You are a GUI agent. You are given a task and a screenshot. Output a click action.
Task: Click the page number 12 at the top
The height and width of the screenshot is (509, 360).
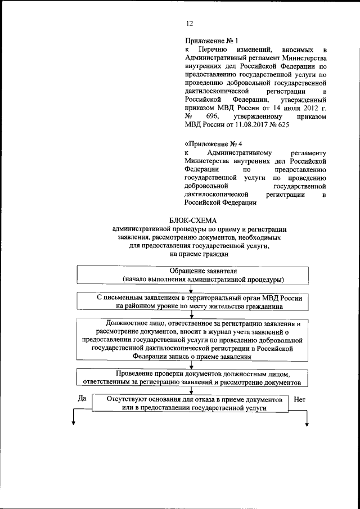[x=190, y=23]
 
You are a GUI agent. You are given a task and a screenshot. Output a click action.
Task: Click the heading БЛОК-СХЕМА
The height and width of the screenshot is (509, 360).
[x=192, y=220]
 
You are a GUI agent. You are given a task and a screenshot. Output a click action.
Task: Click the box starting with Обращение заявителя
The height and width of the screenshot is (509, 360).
[x=191, y=274]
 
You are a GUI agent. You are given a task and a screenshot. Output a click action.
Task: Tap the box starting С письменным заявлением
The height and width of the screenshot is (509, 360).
[x=192, y=302]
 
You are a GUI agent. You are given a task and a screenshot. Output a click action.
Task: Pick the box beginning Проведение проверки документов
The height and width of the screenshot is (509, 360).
[x=192, y=377]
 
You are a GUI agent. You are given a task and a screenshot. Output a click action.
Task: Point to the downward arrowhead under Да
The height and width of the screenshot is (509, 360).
[x=73, y=424]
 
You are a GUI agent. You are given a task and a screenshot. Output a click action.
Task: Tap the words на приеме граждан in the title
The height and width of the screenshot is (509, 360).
[x=192, y=254]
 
